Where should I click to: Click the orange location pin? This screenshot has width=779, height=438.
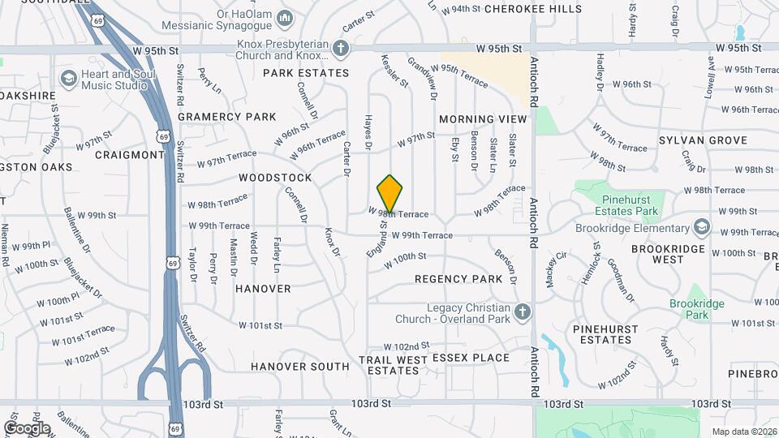tap(390, 193)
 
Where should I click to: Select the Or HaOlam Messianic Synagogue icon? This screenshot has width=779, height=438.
tap(284, 18)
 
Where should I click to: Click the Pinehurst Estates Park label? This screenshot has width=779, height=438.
tap(630, 205)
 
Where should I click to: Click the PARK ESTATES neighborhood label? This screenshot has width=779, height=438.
tap(306, 73)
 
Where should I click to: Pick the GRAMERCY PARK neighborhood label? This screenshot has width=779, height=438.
tap(227, 117)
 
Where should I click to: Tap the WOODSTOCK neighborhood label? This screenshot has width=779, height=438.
tap(275, 178)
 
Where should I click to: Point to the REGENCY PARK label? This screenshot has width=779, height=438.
tap(458, 279)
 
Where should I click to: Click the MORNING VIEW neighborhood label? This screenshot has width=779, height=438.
tap(483, 119)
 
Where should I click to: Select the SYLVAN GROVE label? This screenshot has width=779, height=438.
tap(703, 140)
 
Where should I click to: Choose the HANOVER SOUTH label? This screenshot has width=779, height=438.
tap(299, 367)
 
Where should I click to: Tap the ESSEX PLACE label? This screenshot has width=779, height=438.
tap(471, 358)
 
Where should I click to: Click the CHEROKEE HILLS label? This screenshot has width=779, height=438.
tap(533, 9)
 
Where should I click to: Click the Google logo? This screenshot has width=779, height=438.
tap(27, 428)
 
